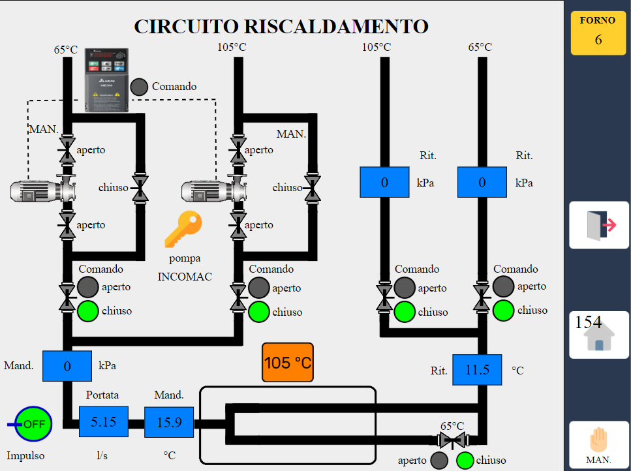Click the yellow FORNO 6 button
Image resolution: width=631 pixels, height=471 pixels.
[598, 33]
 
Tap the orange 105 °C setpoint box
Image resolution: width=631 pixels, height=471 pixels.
[287, 363]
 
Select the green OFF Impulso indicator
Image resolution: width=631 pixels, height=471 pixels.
[33, 424]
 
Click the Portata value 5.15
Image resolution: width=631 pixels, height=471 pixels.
[103, 421]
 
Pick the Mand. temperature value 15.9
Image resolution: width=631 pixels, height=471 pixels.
[169, 422]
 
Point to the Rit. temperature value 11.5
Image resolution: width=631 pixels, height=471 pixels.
[477, 370]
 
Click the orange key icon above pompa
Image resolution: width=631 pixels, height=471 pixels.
[183, 229]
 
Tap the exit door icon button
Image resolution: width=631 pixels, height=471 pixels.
[599, 225]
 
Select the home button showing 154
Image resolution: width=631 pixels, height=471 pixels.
[599, 335]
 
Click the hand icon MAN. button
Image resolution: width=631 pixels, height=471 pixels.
[599, 445]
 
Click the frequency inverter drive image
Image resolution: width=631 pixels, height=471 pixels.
[106, 80]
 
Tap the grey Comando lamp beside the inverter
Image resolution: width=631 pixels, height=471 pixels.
[139, 87]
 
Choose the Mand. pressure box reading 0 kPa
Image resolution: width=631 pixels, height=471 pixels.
[67, 366]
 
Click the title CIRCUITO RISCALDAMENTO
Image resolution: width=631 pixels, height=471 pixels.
[281, 27]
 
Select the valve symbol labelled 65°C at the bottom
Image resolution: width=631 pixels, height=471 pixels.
[453, 440]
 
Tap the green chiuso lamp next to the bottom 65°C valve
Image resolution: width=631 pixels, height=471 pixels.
[465, 461]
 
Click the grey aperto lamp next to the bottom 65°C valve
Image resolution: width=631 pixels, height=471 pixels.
[439, 461]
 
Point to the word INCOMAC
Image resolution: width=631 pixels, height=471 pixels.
[185, 277]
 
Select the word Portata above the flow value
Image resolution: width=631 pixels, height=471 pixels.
[102, 395]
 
